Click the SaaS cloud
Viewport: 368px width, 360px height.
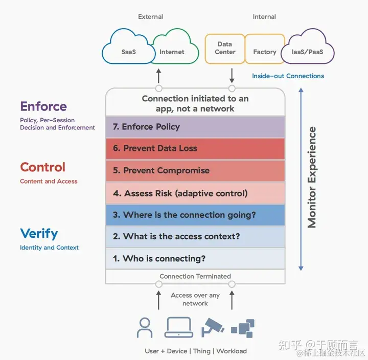128,52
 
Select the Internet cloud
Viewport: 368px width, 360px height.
172,52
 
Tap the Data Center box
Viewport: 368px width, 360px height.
225,49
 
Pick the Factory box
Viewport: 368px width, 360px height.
265,52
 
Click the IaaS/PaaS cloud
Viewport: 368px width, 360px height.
311,52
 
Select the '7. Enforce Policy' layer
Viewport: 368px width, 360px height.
195,127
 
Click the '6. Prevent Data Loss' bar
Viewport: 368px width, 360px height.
195,148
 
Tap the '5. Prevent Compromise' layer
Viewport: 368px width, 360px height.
195,170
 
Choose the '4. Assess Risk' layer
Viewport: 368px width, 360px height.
195,193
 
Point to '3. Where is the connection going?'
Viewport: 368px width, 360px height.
195,215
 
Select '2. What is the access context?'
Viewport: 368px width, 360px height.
195,236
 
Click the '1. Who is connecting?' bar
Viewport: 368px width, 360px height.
195,258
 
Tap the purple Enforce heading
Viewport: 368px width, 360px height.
43,106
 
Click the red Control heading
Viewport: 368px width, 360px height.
43,167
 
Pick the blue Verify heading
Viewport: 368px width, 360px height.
39,234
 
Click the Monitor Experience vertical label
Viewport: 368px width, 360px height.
312,177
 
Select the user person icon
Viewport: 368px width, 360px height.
145,328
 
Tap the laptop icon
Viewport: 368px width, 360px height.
178,328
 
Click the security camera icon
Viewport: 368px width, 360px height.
213,327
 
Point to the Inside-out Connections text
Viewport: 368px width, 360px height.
288,76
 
